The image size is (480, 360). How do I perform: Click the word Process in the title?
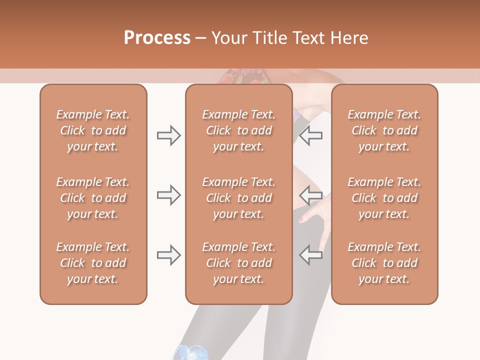[157, 38]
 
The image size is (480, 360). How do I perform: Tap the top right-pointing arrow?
[168, 135]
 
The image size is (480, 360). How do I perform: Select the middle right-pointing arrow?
[168, 195]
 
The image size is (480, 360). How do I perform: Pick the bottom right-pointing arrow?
[168, 255]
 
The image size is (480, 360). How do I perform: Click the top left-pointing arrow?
[311, 135]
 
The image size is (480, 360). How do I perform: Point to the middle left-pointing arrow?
[311, 195]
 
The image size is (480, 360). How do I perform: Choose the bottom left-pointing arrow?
[311, 255]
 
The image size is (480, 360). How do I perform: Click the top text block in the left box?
[93, 130]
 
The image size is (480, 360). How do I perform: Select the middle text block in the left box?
[93, 198]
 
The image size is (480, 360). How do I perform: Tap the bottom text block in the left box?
[93, 263]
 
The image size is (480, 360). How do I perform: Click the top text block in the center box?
[238, 130]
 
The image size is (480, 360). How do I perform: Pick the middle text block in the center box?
[238, 198]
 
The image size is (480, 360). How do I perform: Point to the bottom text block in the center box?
[238, 263]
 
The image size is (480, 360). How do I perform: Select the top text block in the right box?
[384, 130]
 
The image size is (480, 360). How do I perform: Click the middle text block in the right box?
[384, 198]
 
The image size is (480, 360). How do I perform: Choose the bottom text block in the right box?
[384, 263]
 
